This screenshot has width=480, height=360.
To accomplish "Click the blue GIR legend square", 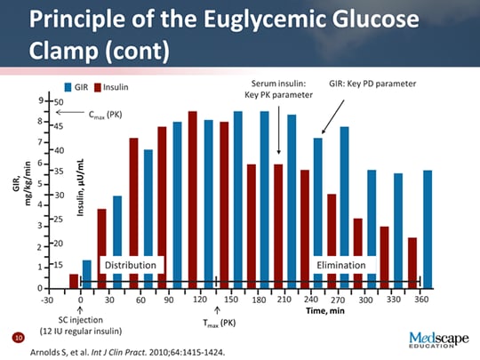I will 68,87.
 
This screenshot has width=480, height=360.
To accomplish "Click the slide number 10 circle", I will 17,339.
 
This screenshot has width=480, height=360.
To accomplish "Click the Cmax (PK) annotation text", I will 104,116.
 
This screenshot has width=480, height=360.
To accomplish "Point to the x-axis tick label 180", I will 259,300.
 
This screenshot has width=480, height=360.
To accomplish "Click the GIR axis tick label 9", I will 40,100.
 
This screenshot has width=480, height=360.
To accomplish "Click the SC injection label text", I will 82,318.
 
